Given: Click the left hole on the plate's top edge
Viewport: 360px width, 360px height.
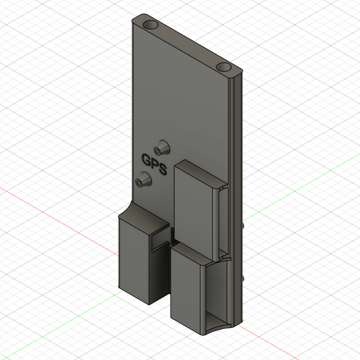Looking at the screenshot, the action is (151, 24).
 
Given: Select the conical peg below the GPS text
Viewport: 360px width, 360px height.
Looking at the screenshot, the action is (143, 179).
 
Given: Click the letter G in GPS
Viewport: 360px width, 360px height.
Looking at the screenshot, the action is (146, 160).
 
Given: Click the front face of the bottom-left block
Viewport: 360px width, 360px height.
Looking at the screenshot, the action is (134, 260).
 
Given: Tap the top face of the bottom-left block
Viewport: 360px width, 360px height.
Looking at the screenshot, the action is (144, 217).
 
